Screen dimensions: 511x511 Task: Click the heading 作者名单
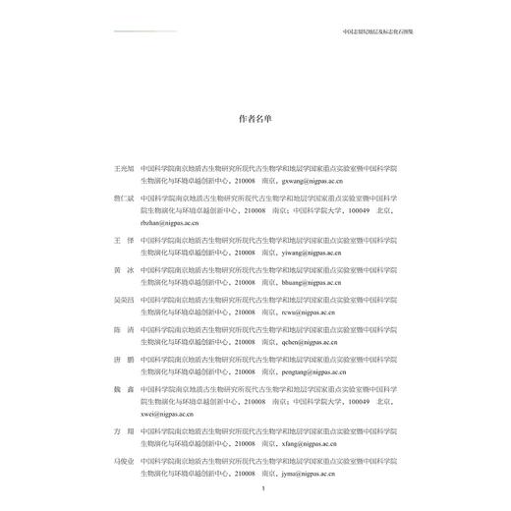point(255,118)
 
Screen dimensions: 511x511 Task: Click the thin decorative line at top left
point(147,30)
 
